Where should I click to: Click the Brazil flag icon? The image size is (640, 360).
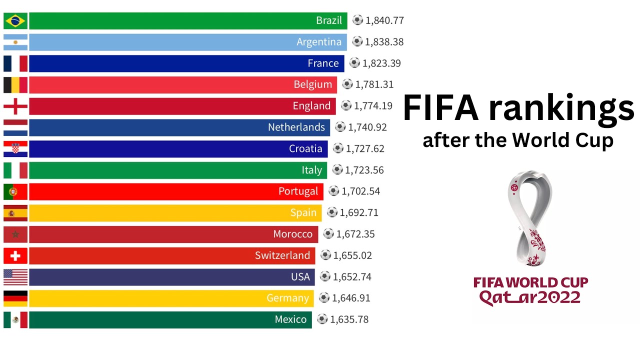(x=15, y=21)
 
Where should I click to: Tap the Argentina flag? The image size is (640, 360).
(x=15, y=42)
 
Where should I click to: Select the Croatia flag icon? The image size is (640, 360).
(x=15, y=149)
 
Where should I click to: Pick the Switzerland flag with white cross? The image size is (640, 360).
(x=15, y=256)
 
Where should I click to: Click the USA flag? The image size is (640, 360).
(x=15, y=277)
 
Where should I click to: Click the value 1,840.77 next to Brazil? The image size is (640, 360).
(x=384, y=20)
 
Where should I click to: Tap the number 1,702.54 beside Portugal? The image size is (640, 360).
(x=360, y=191)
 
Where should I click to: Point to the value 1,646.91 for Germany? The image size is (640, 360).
(x=351, y=298)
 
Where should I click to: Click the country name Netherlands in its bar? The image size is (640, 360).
(x=296, y=127)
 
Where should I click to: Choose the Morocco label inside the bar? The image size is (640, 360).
(x=292, y=234)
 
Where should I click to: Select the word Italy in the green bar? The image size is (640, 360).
(x=311, y=170)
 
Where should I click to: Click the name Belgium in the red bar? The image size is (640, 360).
(x=312, y=85)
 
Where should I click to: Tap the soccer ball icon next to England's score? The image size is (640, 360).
(x=346, y=105)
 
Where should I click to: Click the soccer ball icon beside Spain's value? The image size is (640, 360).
(x=332, y=212)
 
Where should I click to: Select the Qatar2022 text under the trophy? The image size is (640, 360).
(x=530, y=298)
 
